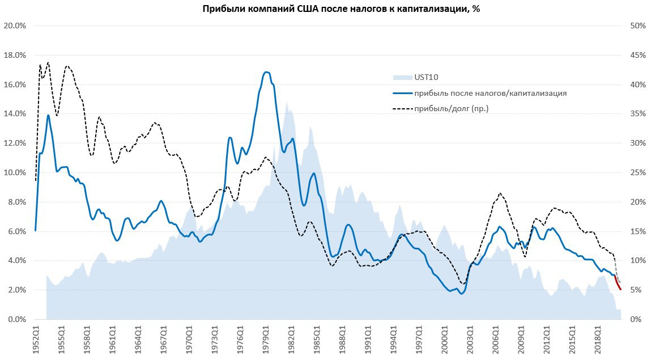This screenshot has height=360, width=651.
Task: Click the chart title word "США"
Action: pos(309,9)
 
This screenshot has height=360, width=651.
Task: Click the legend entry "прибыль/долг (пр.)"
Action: pos(451,108)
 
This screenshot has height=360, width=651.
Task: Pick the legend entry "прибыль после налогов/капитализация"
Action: pos(490,93)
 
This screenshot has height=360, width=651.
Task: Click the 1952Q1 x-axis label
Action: pos(36,338)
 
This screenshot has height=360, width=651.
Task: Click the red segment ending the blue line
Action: pos(618,284)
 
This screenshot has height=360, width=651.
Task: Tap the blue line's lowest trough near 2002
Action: pos(462,294)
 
